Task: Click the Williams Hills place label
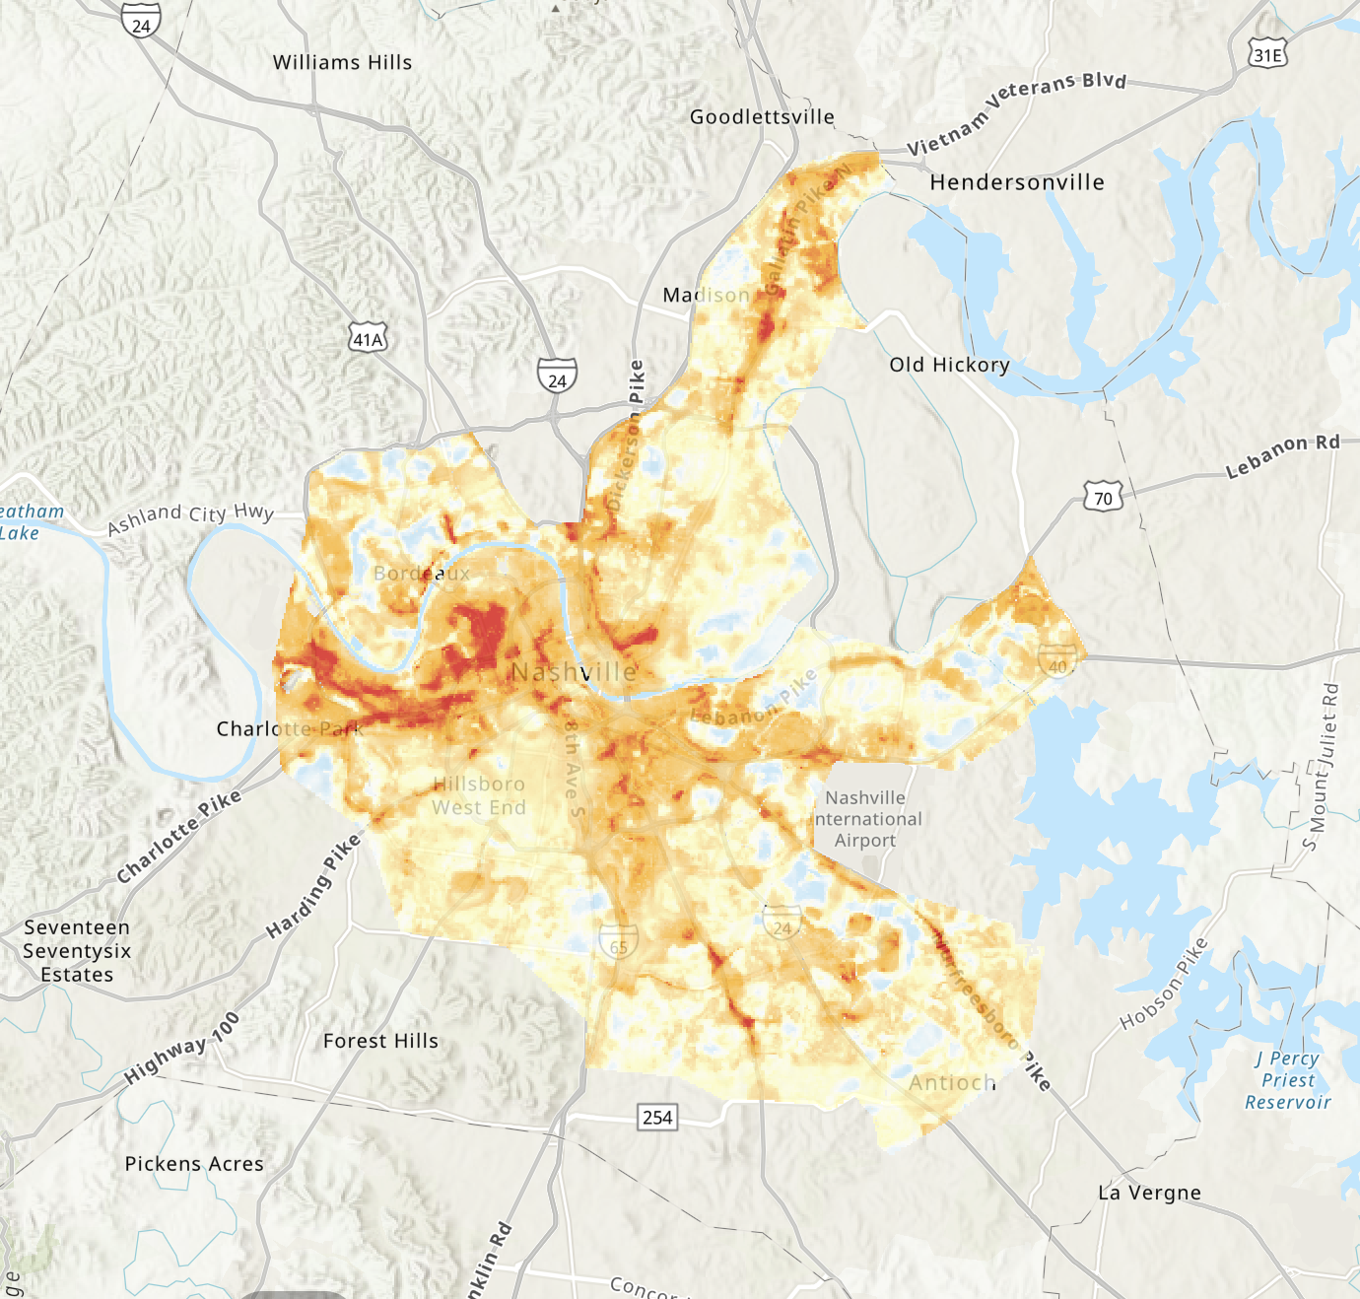tap(342, 62)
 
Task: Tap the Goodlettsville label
tap(762, 117)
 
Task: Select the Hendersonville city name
tap(1017, 182)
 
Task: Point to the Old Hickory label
tap(949, 365)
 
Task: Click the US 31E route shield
tap(1267, 55)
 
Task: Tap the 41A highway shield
tap(369, 339)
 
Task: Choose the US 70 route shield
tap(1103, 498)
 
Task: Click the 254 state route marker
tap(657, 1117)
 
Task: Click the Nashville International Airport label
tap(867, 819)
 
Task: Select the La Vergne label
tap(1149, 1193)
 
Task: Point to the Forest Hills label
tap(380, 1041)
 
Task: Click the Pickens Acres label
tap(194, 1164)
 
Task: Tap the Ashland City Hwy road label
tap(190, 517)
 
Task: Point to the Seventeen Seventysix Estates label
tap(77, 951)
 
